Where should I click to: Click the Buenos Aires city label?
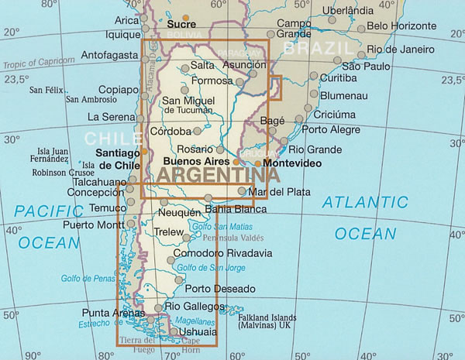tap(191, 161)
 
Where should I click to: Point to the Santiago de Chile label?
tap(116, 159)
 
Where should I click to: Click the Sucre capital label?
tap(182, 25)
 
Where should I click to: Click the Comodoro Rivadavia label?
tap(223, 253)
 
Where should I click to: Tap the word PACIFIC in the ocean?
tap(49, 210)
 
